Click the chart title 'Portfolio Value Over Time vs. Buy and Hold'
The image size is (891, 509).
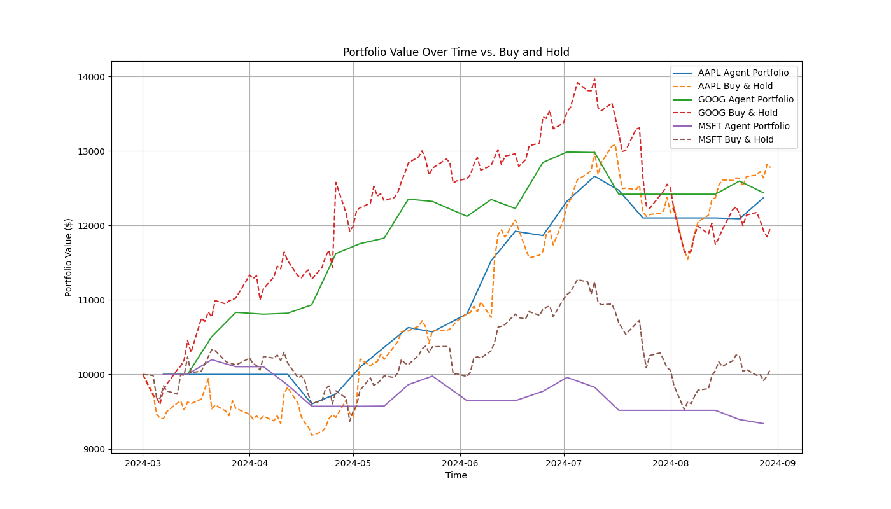click(456, 52)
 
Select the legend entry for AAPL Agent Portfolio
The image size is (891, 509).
click(743, 73)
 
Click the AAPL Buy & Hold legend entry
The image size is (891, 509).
click(735, 87)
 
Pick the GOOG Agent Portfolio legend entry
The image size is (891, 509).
click(745, 100)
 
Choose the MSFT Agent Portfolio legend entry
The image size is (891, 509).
click(743, 127)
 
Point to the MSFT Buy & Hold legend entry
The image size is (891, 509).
click(736, 140)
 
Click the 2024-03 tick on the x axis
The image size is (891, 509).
click(143, 463)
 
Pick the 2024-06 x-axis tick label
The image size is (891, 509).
click(460, 463)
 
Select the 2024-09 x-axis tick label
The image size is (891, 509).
click(778, 463)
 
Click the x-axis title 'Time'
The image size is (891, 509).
click(456, 475)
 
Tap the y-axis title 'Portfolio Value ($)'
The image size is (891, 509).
click(69, 257)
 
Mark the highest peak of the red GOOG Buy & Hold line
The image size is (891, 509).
click(594, 80)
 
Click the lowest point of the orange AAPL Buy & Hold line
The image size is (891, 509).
click(312, 435)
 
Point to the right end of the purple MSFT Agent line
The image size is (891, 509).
click(764, 424)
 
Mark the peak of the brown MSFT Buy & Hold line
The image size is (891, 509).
click(578, 279)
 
